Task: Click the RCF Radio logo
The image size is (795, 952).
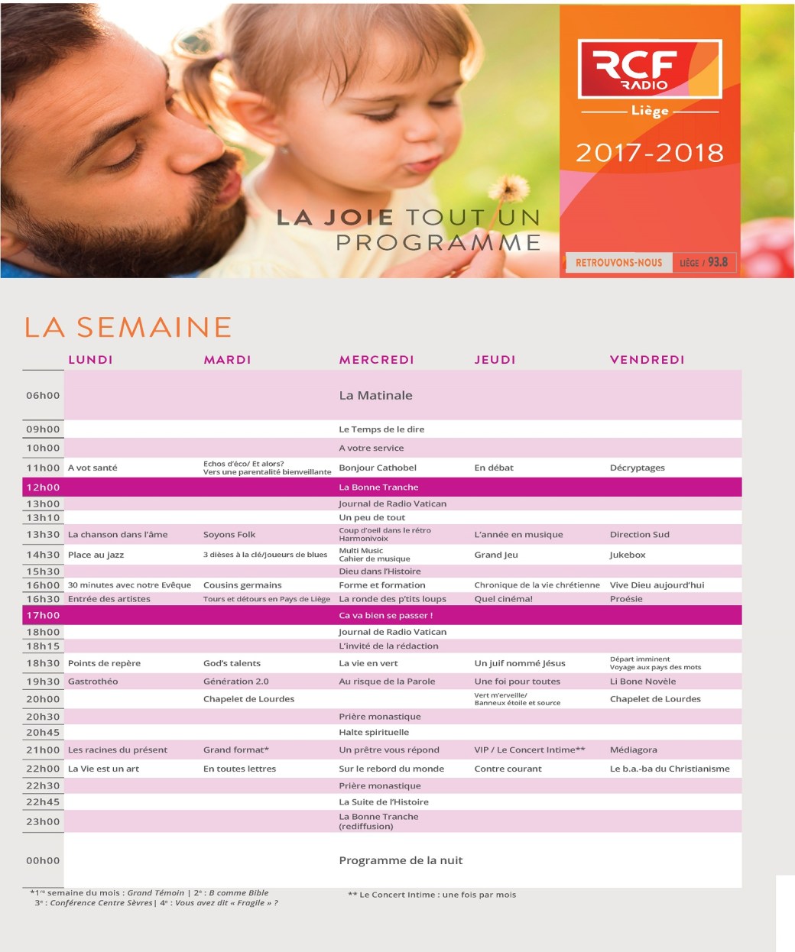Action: (649, 70)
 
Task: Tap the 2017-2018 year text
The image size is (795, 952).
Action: (649, 153)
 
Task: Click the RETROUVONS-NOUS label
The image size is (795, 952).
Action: (618, 263)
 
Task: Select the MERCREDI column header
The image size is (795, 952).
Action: (376, 360)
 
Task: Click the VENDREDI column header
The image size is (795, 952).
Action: (647, 360)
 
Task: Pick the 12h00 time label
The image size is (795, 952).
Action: (43, 487)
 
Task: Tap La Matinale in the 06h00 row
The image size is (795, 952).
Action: (375, 396)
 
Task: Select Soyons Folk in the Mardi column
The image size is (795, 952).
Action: (229, 535)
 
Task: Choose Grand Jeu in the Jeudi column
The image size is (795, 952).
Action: (496, 555)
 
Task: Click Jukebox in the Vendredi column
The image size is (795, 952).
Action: (628, 555)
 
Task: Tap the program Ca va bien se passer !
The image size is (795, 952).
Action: (385, 615)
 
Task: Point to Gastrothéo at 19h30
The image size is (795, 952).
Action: (92, 682)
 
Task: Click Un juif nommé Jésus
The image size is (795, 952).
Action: (520, 663)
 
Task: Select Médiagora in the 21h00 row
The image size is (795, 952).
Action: (633, 750)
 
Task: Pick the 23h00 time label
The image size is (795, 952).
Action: (43, 822)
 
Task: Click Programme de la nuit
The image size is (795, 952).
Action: (401, 860)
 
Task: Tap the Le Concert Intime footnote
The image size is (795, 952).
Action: (432, 895)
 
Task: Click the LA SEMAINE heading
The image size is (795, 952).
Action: (128, 327)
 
